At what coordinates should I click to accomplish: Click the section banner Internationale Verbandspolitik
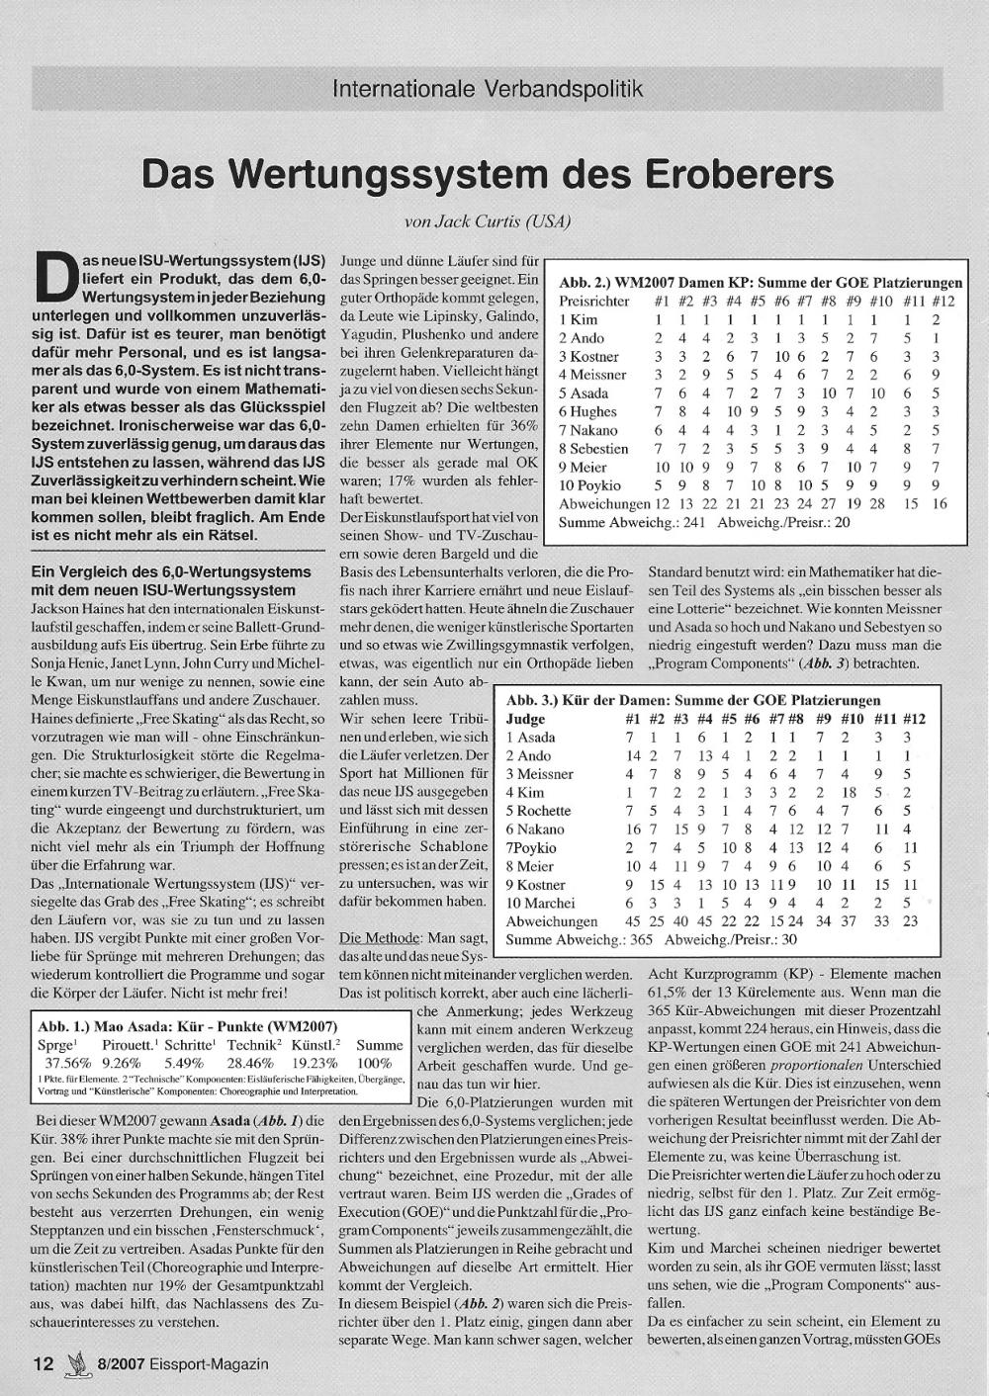point(488,89)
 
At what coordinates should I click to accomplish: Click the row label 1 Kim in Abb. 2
point(579,319)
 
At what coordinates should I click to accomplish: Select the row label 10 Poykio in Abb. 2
point(590,485)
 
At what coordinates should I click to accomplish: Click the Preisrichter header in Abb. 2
point(593,301)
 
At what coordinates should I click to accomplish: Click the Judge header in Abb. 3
point(525,719)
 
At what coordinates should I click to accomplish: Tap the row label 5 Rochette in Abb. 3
point(538,811)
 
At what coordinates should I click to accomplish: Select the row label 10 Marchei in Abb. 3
point(540,903)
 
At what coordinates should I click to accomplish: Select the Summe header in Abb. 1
point(380,1044)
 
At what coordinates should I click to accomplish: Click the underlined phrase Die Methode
point(380,937)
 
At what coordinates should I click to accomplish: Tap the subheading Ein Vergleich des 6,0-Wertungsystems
point(171,571)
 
